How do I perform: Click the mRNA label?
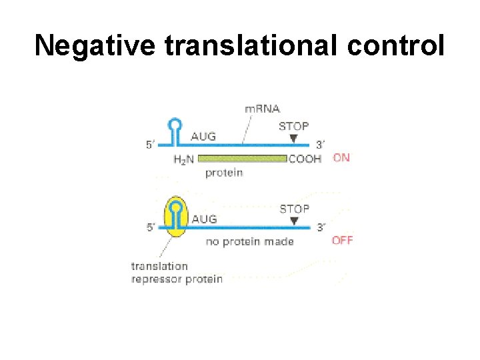click(263, 109)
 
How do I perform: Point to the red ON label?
click(341, 158)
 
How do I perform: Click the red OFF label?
click(342, 240)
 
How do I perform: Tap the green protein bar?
click(243, 159)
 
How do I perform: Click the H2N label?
click(185, 159)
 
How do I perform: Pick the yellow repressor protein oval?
click(175, 217)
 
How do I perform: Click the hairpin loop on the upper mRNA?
click(175, 124)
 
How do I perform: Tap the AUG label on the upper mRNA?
click(203, 137)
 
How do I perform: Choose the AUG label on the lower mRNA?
click(203, 219)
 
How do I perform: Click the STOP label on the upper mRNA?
click(293, 126)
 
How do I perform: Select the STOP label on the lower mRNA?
click(294, 209)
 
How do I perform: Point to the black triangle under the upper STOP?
click(293, 138)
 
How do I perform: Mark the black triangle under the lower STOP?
click(294, 221)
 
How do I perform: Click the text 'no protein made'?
click(250, 241)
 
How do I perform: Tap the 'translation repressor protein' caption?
click(176, 273)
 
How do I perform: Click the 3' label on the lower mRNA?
click(321, 227)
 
